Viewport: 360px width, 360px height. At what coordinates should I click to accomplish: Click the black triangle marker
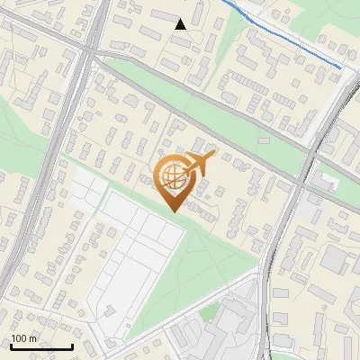point(181,24)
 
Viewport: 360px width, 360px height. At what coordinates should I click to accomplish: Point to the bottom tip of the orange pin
point(173,211)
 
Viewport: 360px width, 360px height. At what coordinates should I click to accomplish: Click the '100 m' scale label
point(23,338)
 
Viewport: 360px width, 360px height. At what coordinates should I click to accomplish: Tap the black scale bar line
point(41,346)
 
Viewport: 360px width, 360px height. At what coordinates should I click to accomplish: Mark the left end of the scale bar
point(11,346)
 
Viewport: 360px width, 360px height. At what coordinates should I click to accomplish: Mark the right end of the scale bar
point(72,346)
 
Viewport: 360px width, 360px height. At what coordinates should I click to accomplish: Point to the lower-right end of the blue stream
point(341,67)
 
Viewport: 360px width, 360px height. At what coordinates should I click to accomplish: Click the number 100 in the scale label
point(19,338)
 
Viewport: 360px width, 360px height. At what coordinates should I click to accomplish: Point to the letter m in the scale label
point(32,339)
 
